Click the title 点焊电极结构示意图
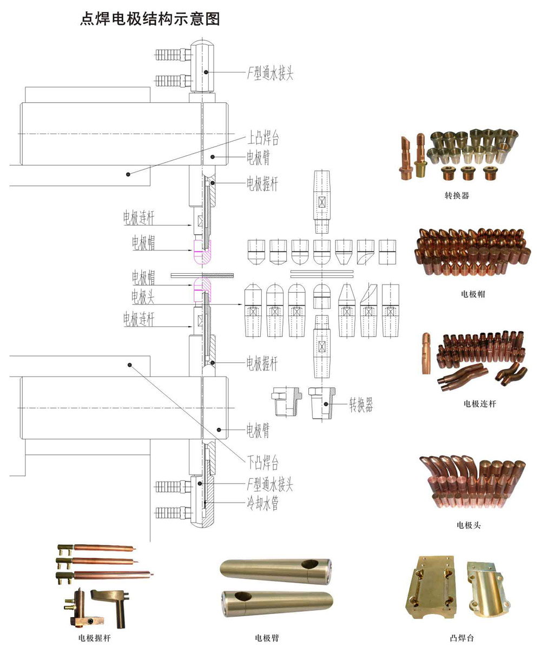click(150, 19)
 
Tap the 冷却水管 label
click(262, 503)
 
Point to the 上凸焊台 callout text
click(263, 138)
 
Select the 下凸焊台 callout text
click(263, 462)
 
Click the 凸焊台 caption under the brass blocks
click(462, 638)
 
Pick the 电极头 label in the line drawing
click(143, 296)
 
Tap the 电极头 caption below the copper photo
click(469, 525)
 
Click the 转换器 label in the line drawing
click(361, 405)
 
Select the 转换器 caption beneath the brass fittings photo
click(457, 196)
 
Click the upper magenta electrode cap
click(202, 252)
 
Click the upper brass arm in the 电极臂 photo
click(276, 571)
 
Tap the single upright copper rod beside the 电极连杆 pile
click(426, 353)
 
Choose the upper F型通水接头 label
click(270, 74)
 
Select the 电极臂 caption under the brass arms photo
click(267, 638)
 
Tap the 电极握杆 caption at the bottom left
click(95, 638)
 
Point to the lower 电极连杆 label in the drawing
click(138, 319)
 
